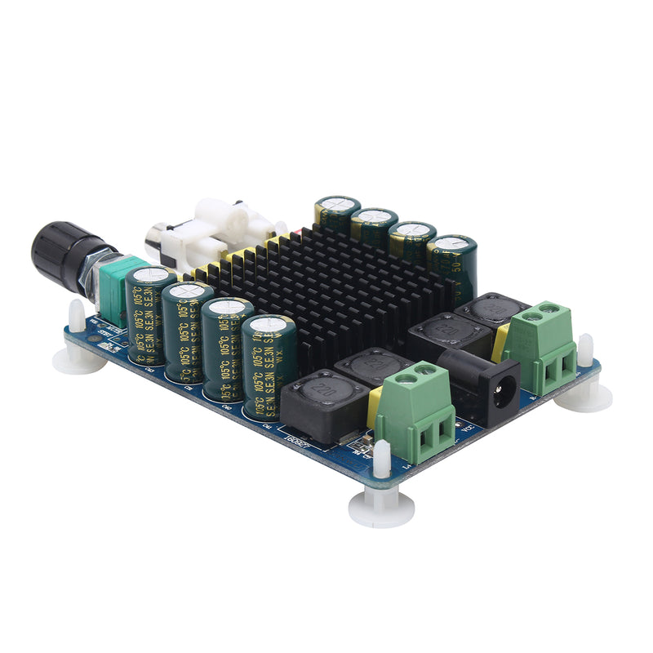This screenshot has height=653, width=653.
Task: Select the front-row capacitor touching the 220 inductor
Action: click(x=268, y=363)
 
